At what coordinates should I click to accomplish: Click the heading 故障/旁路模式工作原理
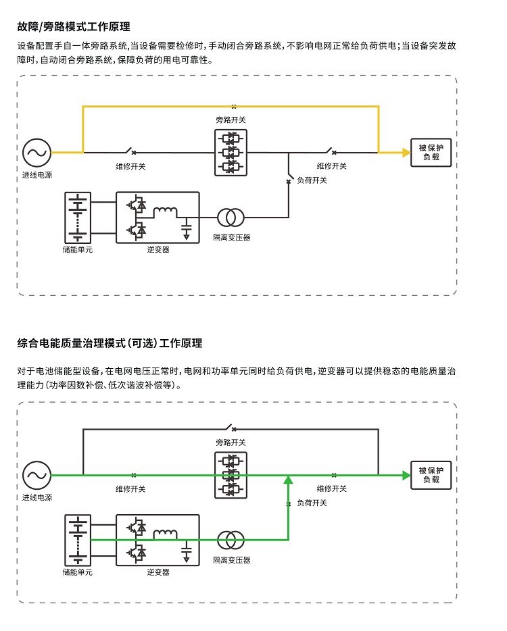(x=74, y=27)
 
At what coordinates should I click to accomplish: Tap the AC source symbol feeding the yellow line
(x=34, y=152)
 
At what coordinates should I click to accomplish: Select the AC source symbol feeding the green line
(x=34, y=475)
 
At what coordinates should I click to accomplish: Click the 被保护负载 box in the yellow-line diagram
(x=431, y=152)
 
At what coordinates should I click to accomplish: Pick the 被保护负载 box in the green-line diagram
(x=431, y=475)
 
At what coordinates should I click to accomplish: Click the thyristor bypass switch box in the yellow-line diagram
(x=231, y=153)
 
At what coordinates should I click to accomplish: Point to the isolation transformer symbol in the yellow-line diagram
(x=231, y=217)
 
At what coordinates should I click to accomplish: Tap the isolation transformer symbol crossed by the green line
(x=231, y=540)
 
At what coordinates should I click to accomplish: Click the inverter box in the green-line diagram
(x=158, y=540)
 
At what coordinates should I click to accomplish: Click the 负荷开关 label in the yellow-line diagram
(x=312, y=180)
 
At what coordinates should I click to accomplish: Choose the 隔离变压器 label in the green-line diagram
(x=231, y=560)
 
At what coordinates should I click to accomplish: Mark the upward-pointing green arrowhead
(x=289, y=480)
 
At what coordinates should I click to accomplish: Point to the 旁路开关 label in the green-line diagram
(x=231, y=443)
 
